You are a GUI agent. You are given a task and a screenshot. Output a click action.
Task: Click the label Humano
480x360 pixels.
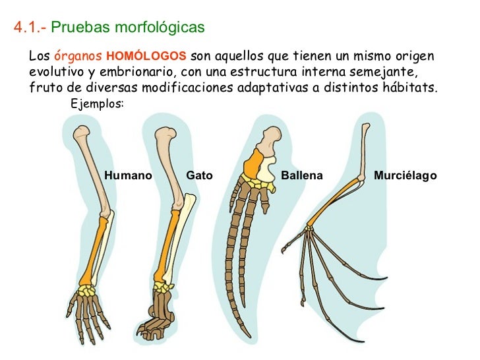point(128,176)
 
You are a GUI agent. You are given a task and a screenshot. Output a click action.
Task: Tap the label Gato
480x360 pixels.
point(199,176)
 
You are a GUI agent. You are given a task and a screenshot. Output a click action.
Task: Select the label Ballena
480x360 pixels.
point(302,176)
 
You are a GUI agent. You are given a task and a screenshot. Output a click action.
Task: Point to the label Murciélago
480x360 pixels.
point(405,176)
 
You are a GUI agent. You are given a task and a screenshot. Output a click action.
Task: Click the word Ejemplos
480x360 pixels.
point(96,104)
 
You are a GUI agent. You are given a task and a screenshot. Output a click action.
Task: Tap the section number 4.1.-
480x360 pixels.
point(30,28)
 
